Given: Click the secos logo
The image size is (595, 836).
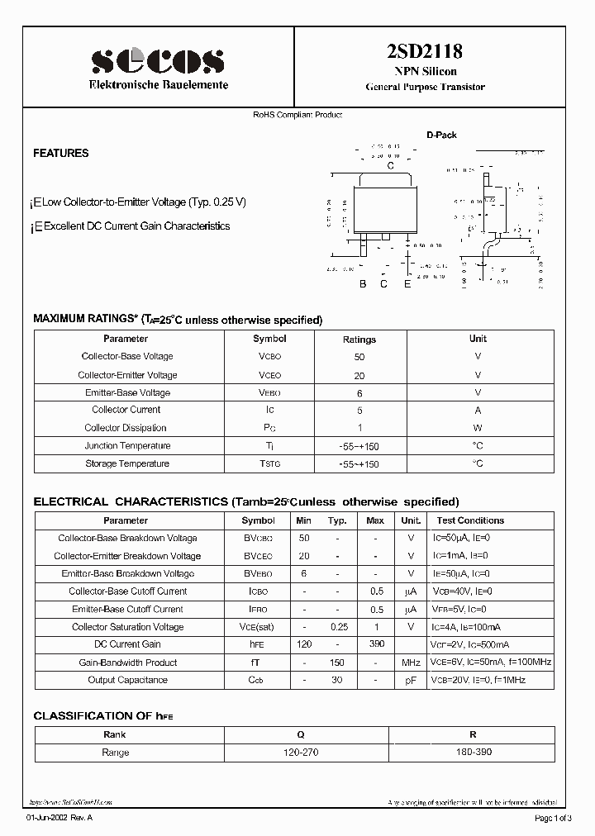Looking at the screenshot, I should point(157,60).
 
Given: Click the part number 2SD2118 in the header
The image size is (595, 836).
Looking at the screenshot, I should point(425,51).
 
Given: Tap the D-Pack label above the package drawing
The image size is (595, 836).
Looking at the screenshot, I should point(441,135).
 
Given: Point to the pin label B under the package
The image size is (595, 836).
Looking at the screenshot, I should point(362,284).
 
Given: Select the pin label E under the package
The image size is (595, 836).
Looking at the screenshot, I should point(407,284).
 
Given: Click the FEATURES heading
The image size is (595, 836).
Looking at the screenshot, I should point(60,153).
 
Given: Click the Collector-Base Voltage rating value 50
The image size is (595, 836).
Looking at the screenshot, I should point(359,357).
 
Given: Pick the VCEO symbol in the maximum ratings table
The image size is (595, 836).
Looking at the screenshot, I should point(269,375).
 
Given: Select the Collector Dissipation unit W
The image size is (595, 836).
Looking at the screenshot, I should point(478,428).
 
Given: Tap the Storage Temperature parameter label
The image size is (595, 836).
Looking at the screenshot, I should point(127,464).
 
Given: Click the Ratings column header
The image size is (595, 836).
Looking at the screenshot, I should point(359,340).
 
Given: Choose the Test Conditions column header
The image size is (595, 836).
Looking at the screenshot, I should point(470,520).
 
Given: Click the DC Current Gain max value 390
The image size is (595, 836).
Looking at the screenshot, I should point(375,644).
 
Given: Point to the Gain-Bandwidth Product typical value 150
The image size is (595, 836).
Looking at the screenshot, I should point(337,663).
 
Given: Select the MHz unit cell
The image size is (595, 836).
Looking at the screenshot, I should point(411,663).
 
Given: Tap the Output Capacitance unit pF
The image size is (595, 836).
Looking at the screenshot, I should point(411,681).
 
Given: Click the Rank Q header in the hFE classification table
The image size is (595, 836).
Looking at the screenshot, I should point(300,734).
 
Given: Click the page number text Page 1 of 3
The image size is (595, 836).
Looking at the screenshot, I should point(553,818).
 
